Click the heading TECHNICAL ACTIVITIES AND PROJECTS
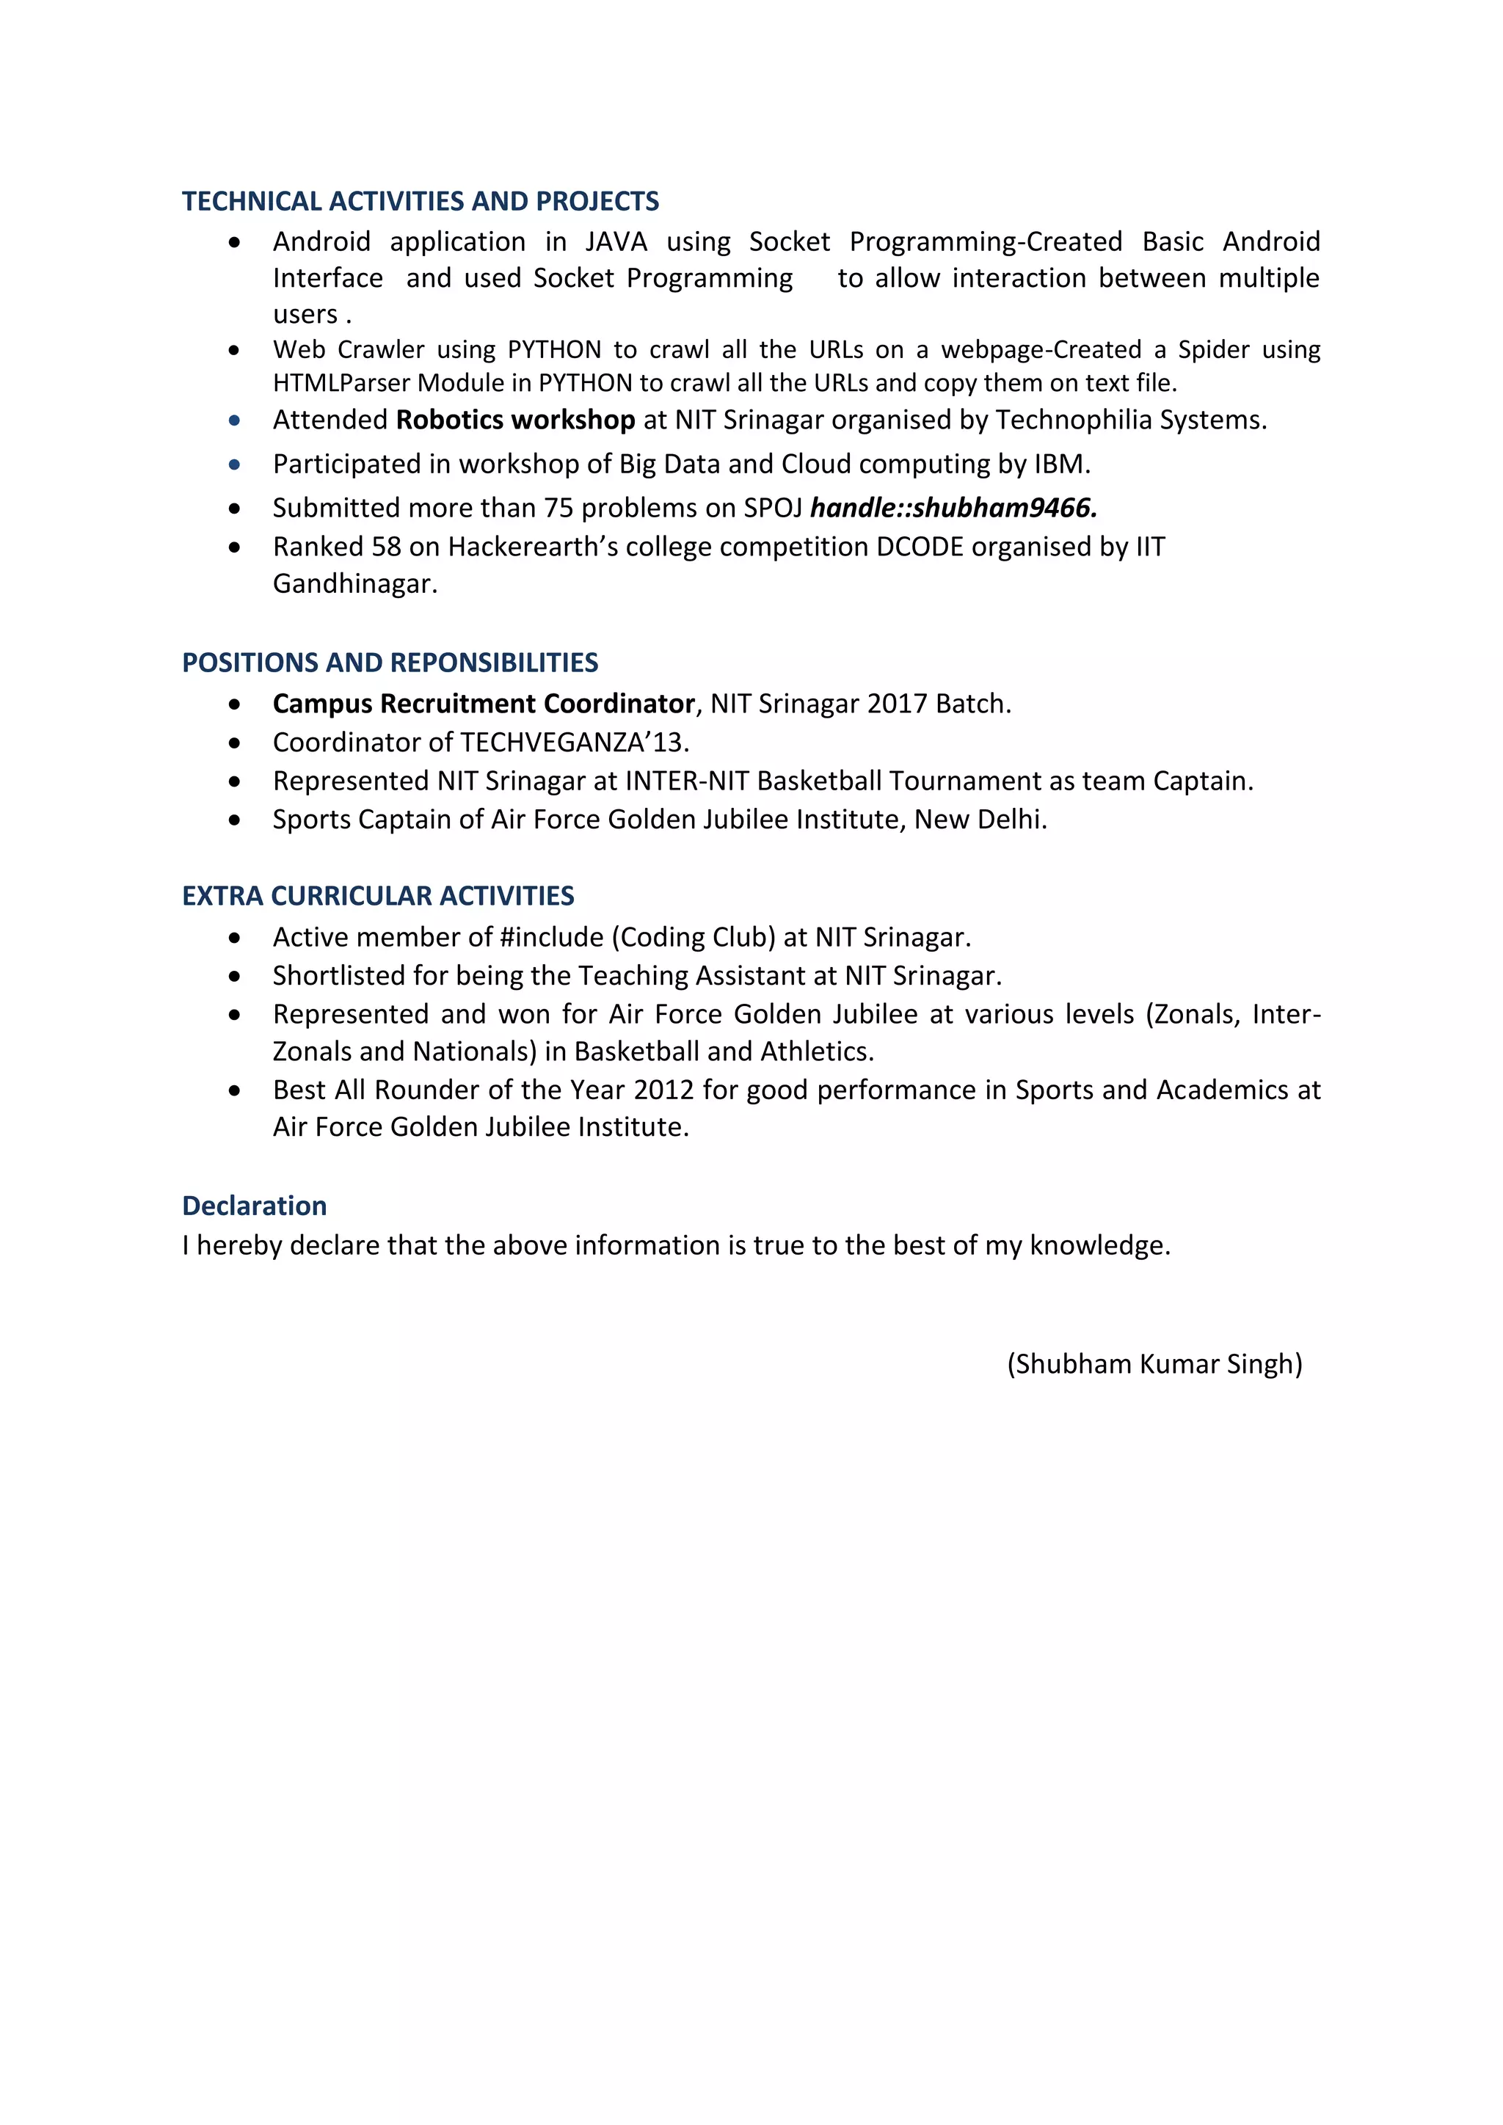click(421, 202)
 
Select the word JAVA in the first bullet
click(616, 242)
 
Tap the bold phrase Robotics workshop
click(514, 420)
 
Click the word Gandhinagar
click(354, 585)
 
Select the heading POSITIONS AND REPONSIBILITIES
click(390, 663)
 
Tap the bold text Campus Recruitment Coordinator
click(483, 704)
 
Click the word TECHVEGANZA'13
click(573, 743)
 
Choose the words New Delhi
click(979, 820)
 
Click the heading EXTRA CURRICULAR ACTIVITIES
click(378, 897)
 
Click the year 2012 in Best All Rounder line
click(663, 1091)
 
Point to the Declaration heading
click(255, 1207)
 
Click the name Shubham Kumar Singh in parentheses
click(1154, 1364)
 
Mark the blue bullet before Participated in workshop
click(235, 464)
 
